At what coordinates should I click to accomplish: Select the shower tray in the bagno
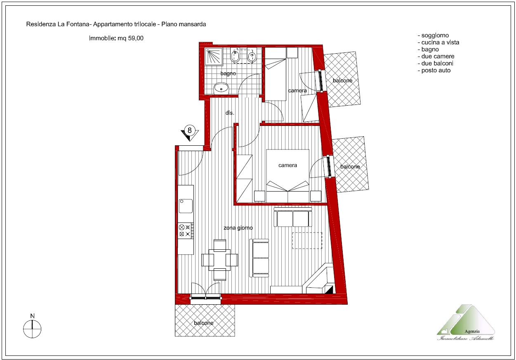pyautogui.click(x=214, y=56)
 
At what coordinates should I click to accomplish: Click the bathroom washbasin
pyautogui.click(x=221, y=88)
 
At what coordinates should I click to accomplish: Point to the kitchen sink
pyautogui.click(x=186, y=206)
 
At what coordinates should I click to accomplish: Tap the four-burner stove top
pyautogui.click(x=186, y=231)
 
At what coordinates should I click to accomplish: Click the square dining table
pyautogui.click(x=219, y=260)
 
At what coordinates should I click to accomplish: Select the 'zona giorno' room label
pyautogui.click(x=238, y=228)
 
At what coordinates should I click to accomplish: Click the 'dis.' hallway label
pyautogui.click(x=230, y=113)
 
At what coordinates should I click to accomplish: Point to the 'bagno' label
pyautogui.click(x=228, y=73)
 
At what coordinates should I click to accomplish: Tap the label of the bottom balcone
pyautogui.click(x=204, y=323)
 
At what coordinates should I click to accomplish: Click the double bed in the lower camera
pyautogui.click(x=288, y=176)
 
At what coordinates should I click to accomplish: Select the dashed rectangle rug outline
pyautogui.click(x=307, y=241)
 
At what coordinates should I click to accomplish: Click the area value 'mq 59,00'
pyautogui.click(x=130, y=38)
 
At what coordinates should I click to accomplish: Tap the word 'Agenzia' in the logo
pyautogui.click(x=472, y=332)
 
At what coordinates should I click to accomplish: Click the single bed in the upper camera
pyautogui.click(x=275, y=74)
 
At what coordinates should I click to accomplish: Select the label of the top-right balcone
pyautogui.click(x=342, y=81)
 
